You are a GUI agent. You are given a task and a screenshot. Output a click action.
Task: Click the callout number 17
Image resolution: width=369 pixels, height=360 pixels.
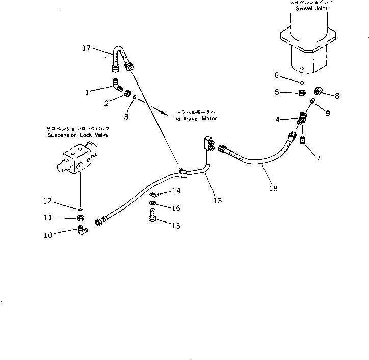click(86, 48)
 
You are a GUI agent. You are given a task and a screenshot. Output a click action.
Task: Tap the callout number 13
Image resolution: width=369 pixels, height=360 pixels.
click(218, 201)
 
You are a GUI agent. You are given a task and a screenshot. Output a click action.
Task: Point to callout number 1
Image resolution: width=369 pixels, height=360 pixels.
click(87, 92)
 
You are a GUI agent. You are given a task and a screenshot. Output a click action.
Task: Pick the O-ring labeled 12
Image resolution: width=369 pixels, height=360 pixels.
click(80, 208)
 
